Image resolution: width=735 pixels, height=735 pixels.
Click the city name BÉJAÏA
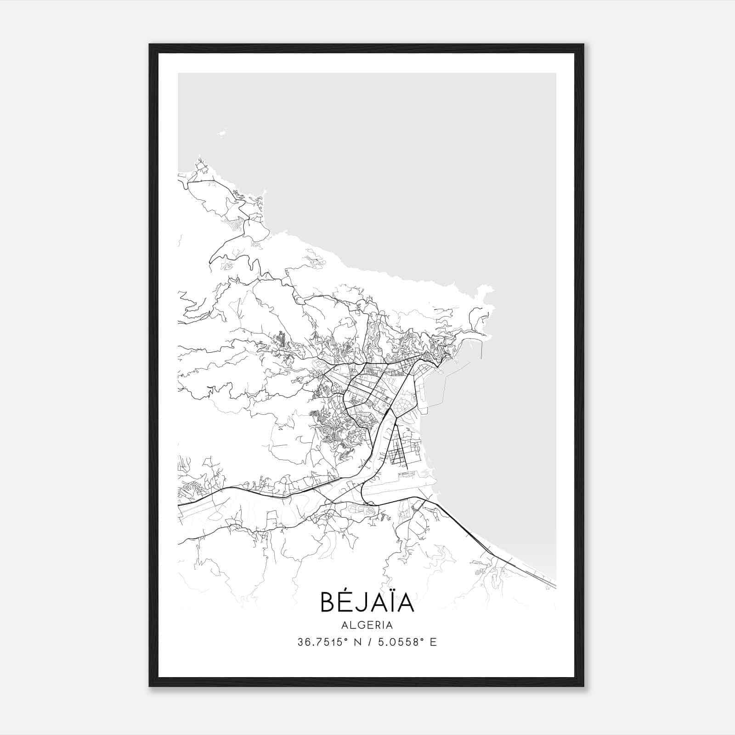click(367, 602)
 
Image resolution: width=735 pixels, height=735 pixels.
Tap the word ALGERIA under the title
click(367, 625)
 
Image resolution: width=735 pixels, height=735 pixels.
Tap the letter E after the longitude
click(433, 642)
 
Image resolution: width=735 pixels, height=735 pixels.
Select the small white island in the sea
click(222, 133)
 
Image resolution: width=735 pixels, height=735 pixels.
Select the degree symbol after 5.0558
click(423, 639)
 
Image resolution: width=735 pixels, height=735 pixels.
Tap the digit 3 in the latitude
click(300, 642)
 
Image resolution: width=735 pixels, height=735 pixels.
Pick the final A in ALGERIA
click(390, 625)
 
